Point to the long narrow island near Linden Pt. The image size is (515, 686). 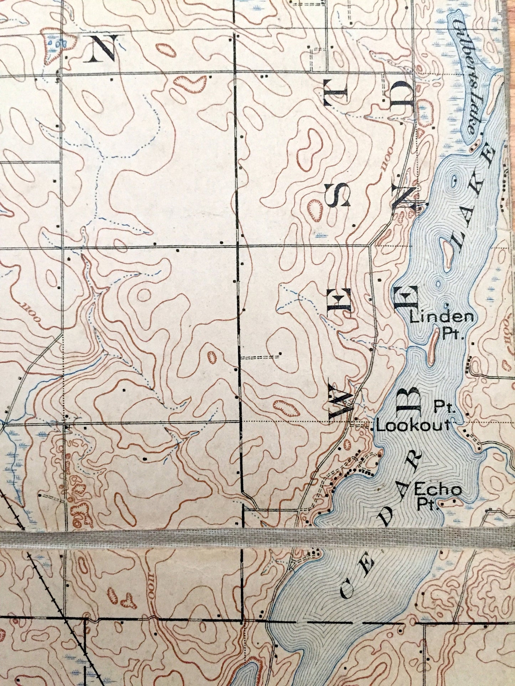tap(433, 347)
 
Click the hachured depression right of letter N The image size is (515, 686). tap(166, 50)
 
